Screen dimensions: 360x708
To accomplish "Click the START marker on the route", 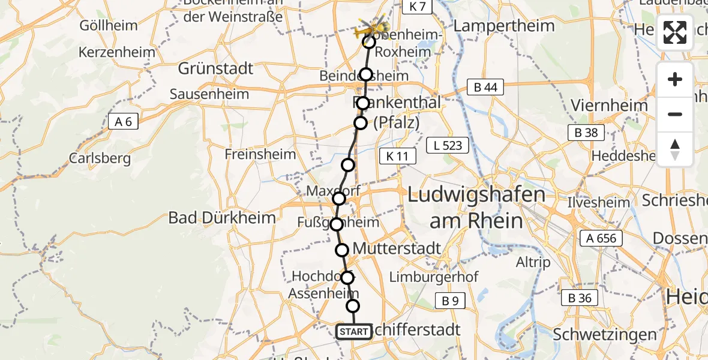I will (x=353, y=332).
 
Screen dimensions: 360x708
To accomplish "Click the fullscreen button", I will (x=675, y=32).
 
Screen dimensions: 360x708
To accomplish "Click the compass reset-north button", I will (x=675, y=149).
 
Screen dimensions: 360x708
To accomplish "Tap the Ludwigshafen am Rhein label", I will (x=476, y=208).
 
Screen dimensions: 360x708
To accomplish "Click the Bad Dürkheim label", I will (x=222, y=217).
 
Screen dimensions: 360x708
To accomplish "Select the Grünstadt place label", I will (x=215, y=68).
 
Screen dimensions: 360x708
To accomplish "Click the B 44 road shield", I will (x=485, y=88).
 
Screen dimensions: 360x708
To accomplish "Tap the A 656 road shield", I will (x=602, y=238).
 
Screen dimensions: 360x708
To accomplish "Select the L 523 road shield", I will (x=448, y=145).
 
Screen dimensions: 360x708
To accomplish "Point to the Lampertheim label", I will (x=505, y=26).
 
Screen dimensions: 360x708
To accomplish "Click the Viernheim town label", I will (x=609, y=106).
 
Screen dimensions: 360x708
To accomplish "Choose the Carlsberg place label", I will (x=100, y=158).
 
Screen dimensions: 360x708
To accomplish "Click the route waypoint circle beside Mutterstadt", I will (x=342, y=250).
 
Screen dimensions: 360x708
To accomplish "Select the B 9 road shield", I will (x=449, y=301).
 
